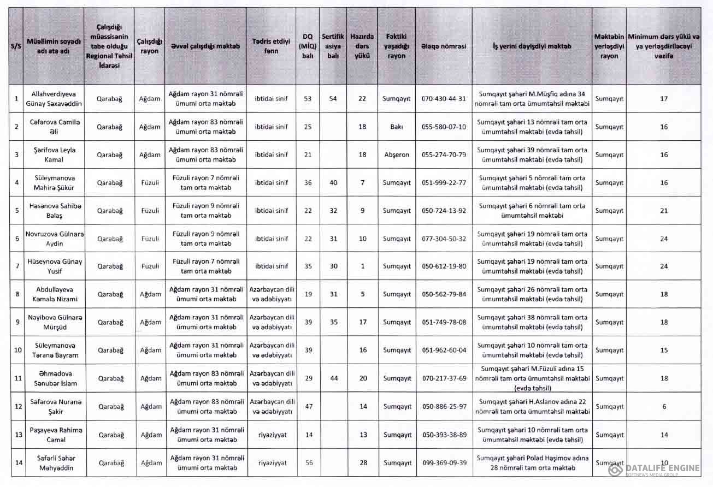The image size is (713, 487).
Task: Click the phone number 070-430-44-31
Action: (x=444, y=99)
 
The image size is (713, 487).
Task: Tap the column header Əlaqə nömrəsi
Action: (x=444, y=46)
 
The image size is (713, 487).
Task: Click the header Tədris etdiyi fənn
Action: (x=271, y=46)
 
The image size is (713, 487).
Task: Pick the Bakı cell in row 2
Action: (x=397, y=127)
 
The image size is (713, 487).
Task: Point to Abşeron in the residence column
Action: (x=397, y=155)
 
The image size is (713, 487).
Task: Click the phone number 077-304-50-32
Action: (x=444, y=239)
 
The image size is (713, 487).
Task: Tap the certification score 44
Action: (x=334, y=378)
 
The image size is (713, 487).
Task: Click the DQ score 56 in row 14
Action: (x=309, y=463)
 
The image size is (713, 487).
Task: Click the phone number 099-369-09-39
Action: (x=444, y=463)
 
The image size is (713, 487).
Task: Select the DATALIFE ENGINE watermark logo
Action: (x=656, y=470)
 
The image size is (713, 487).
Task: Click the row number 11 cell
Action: (x=17, y=378)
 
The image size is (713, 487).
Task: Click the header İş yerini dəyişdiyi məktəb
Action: (x=532, y=46)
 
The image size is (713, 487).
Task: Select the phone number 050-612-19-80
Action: (x=444, y=266)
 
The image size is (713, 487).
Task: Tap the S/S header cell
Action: (x=16, y=46)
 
